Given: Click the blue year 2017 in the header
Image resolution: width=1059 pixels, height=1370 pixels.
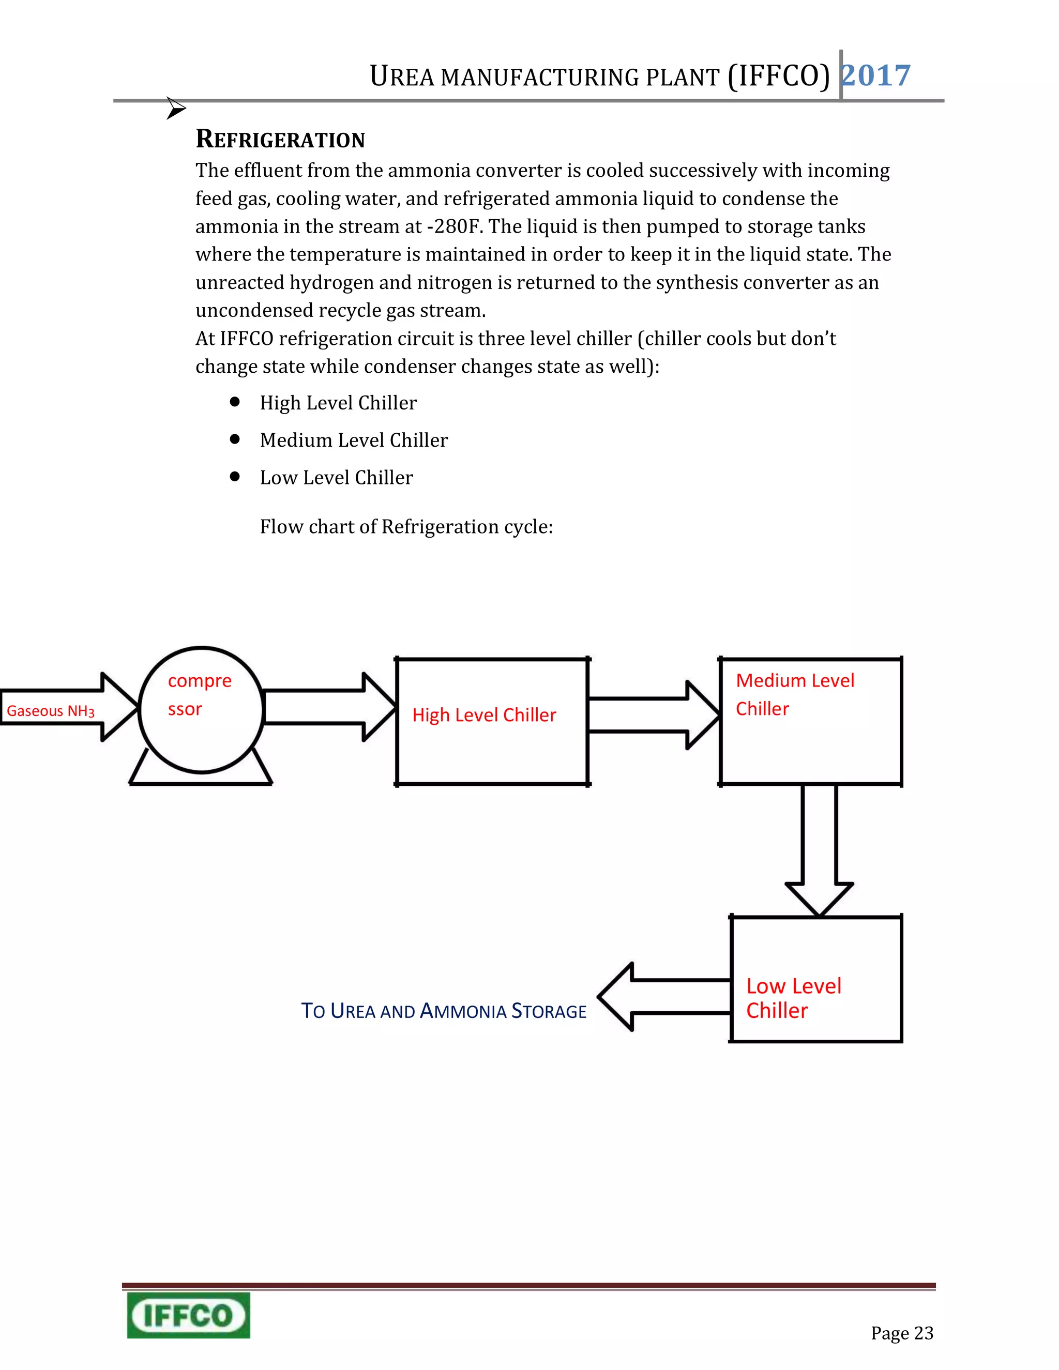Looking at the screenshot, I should click(x=876, y=76).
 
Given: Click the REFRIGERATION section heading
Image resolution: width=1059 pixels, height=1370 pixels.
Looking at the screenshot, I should click(x=280, y=139).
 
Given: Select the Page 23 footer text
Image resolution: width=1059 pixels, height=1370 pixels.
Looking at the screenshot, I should click(x=901, y=1332).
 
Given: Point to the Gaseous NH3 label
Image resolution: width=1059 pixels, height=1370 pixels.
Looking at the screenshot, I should click(x=50, y=711).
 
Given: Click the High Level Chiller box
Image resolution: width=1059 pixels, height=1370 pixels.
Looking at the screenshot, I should click(x=492, y=721).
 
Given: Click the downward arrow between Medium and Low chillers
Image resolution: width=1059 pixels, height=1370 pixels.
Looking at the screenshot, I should click(x=820, y=853).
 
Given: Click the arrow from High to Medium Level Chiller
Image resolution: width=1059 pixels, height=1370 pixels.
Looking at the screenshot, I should click(x=653, y=715).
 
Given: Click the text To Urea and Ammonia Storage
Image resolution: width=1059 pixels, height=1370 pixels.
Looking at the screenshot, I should click(x=444, y=1011).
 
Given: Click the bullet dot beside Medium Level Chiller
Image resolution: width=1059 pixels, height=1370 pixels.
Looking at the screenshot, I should click(x=235, y=439).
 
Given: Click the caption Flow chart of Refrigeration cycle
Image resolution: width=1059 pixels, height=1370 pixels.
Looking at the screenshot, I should click(x=406, y=526).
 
